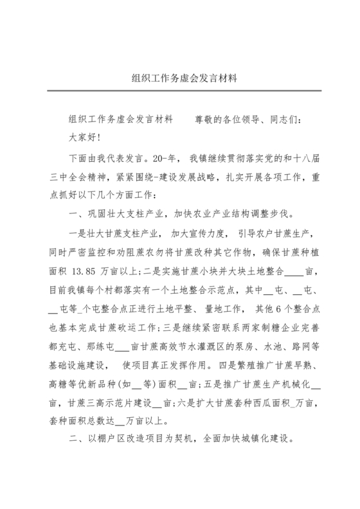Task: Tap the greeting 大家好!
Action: click(85, 137)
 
